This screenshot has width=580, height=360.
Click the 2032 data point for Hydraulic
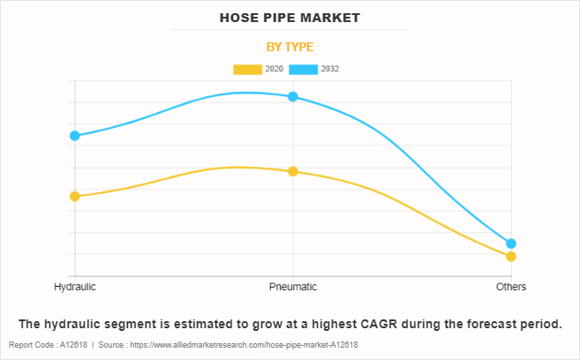[75, 135]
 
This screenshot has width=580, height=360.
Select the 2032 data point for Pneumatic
[293, 96]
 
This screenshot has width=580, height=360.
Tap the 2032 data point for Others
[511, 244]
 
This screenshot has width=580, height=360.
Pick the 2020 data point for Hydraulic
[75, 196]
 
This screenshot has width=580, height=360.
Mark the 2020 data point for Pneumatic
[293, 171]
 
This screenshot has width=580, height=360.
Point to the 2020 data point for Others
[511, 257]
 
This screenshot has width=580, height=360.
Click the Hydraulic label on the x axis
[75, 287]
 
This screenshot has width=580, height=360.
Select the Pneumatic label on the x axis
[293, 287]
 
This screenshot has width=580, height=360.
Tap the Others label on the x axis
[511, 287]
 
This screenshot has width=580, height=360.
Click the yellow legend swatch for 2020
[247, 69]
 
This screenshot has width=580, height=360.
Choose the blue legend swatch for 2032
[303, 69]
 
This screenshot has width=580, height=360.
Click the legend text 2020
[275, 69]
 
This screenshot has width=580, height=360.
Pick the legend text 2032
[330, 69]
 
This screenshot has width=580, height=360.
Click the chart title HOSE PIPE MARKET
[290, 18]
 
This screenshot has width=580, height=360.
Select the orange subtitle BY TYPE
[290, 47]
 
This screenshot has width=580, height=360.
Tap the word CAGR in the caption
[374, 324]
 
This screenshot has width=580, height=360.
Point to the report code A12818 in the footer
[76, 344]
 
